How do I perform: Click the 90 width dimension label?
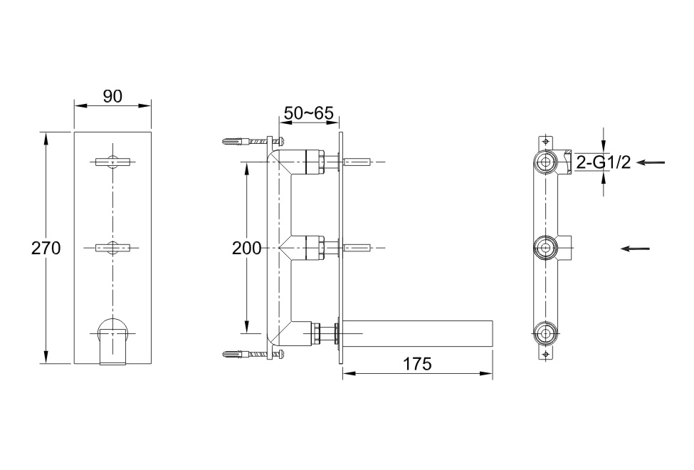112,96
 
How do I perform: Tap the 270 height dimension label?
46,248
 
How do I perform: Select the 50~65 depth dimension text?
308,113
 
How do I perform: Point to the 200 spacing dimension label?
246,249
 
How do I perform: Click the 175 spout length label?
417,364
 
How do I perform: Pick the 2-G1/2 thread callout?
604,163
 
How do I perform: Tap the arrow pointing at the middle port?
635,249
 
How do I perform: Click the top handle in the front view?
113,162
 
